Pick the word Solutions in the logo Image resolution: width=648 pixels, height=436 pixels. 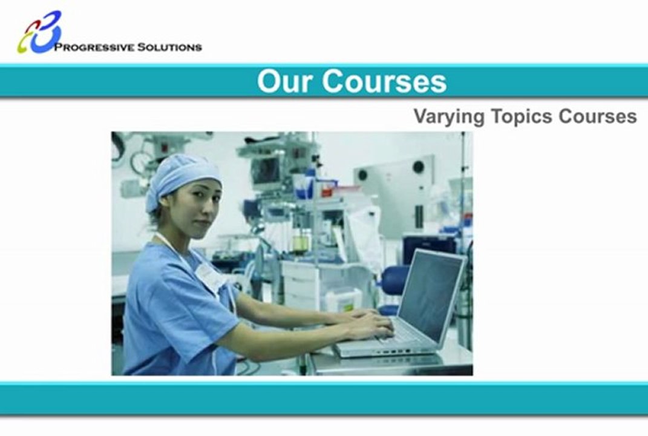pos(169,47)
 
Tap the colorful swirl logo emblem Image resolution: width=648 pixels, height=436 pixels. pos(39,31)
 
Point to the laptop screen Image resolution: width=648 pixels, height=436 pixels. pos(429,296)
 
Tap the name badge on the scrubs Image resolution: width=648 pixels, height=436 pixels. pos(209,276)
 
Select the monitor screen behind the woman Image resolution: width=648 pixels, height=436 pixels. pos(266,170)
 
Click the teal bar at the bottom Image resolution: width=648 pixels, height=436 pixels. pos(324,398)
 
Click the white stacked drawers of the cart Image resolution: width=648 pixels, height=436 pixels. pos(300,285)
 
